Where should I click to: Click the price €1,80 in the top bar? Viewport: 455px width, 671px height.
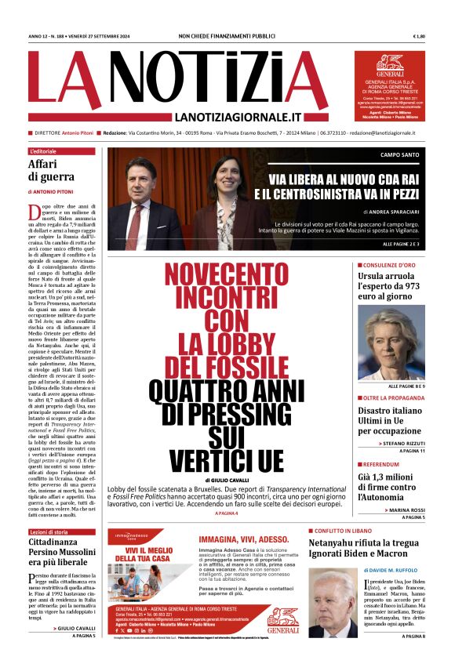pos(439,36)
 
